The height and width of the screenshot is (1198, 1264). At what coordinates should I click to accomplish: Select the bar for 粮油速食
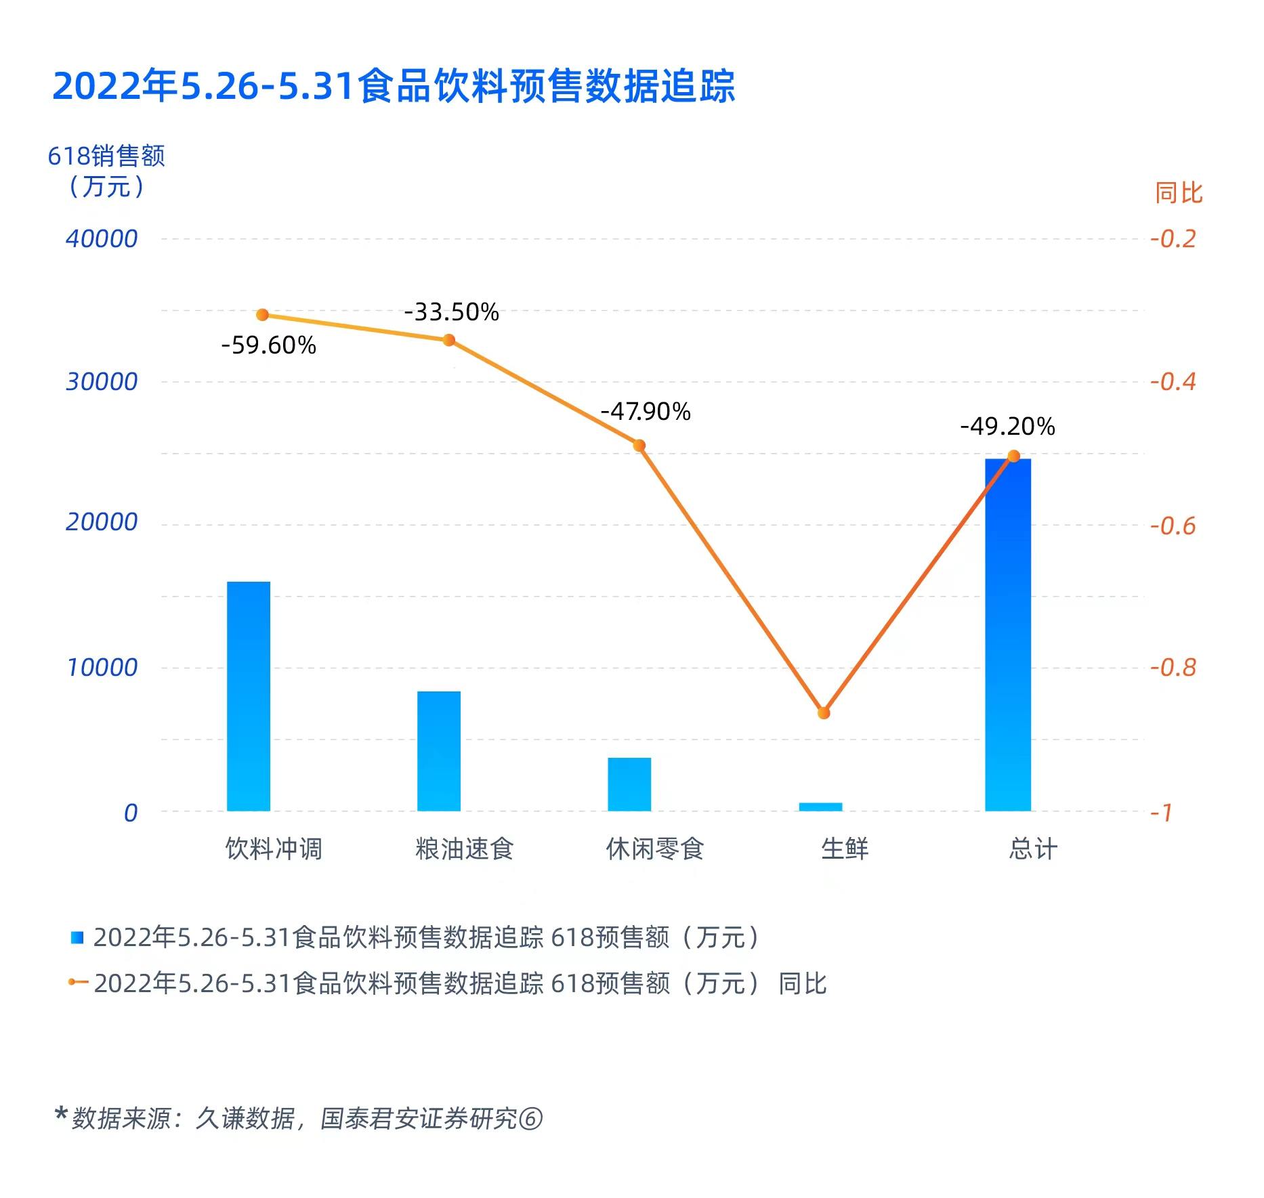438,751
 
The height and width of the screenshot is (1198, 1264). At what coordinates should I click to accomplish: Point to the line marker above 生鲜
823,713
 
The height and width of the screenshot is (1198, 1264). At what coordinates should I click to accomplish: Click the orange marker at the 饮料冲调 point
262,315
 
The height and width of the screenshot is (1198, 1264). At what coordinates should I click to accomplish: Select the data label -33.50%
451,312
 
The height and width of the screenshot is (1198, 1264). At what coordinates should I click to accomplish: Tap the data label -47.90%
645,412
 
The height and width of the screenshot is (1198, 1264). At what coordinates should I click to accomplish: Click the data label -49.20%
1007,427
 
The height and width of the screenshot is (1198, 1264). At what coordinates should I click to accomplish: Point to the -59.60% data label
268,346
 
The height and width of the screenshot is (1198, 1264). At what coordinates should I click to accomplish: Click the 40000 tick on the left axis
102,239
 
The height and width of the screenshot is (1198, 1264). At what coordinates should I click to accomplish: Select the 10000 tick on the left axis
102,668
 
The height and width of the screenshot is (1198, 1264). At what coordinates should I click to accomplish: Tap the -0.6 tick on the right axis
1173,526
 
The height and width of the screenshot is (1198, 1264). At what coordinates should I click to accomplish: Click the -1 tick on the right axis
1162,812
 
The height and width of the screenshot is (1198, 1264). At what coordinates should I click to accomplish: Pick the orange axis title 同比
1178,194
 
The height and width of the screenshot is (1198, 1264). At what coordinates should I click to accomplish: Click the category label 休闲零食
654,849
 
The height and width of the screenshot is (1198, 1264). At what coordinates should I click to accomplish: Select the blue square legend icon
77,938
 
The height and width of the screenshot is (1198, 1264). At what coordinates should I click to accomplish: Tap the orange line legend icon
77,982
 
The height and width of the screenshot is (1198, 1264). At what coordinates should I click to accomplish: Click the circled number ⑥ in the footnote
530,1119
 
